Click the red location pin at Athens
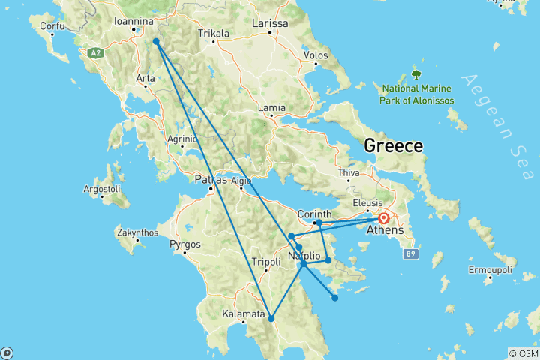(384, 218)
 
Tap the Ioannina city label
(139, 22)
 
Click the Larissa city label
(270, 23)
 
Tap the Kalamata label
(243, 313)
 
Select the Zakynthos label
(137, 232)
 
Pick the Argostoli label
(101, 188)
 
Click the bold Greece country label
(394, 145)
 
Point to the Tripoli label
(265, 262)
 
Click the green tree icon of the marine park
(416, 74)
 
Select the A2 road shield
(95, 53)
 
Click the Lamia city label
(271, 108)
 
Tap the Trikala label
(211, 34)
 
